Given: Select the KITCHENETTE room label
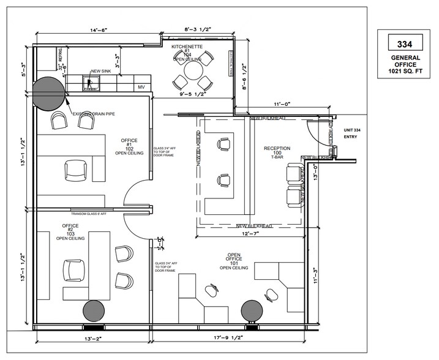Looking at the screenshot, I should (187, 47).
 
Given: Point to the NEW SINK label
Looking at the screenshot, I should (100, 71).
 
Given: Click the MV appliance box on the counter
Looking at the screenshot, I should (140, 88).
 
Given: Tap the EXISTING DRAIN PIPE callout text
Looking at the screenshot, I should (94, 114).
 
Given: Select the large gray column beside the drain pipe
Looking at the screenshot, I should (48, 92).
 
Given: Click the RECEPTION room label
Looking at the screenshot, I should (277, 148).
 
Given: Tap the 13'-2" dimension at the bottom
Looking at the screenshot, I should (88, 338).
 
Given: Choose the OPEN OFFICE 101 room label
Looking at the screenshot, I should (234, 263).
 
